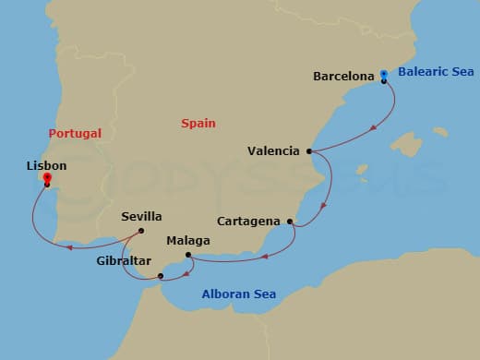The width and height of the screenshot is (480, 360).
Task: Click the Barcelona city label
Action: coord(343,75)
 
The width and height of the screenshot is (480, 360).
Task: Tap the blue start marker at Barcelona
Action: coord(384,74)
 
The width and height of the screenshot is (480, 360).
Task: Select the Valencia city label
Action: coord(274,150)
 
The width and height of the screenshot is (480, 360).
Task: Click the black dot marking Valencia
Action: coord(309,150)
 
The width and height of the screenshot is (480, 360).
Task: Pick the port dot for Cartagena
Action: coord(291,222)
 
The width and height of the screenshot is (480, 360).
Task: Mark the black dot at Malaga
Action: coord(187,255)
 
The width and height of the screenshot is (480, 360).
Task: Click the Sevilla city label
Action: coord(141,217)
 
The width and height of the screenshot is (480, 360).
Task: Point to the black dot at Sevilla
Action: coord(141,231)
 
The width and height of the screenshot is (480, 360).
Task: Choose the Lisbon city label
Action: coord(47,166)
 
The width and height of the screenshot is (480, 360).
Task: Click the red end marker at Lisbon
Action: coord(46,179)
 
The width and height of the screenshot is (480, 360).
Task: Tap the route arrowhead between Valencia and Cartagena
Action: coord(322,208)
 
